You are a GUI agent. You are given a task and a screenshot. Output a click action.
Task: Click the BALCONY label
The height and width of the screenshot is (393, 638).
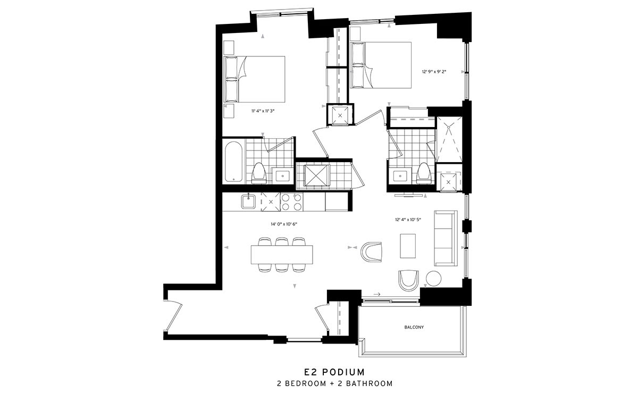(414, 328)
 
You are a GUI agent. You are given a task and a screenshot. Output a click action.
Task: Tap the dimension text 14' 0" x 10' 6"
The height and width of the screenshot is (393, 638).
(284, 224)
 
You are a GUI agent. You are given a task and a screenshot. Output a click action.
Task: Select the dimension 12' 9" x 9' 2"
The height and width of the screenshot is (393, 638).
(434, 72)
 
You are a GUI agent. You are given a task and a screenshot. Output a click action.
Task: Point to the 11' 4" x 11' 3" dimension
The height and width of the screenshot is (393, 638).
(263, 111)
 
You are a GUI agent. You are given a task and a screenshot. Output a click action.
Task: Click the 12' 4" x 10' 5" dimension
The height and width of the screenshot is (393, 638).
(408, 220)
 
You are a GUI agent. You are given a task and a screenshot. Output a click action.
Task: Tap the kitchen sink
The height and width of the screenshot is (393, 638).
(248, 202)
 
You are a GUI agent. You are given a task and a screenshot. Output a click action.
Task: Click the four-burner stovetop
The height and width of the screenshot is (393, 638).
(292, 202)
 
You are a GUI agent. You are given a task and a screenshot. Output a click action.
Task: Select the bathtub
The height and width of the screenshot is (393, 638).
(233, 161)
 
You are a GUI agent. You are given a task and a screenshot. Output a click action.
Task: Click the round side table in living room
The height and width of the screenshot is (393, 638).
(433, 278)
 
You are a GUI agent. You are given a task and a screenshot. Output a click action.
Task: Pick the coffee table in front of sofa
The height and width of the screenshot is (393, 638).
(408, 246)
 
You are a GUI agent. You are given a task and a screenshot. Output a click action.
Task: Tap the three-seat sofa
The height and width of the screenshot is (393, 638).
(446, 238)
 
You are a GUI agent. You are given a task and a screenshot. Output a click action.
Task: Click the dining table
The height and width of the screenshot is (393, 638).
(282, 255)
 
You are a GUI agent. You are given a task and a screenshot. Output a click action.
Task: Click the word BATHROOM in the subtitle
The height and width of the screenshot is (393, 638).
(370, 383)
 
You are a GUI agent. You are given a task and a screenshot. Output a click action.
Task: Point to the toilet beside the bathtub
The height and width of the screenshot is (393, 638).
(259, 173)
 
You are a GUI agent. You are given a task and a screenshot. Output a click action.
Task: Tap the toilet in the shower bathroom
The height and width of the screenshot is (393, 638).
(423, 173)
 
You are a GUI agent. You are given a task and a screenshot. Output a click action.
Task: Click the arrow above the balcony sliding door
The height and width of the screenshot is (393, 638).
(377, 294)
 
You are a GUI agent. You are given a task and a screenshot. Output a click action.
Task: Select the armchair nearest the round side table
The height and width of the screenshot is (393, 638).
(409, 280)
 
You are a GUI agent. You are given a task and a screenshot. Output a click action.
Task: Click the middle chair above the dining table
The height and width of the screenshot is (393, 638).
(282, 241)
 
